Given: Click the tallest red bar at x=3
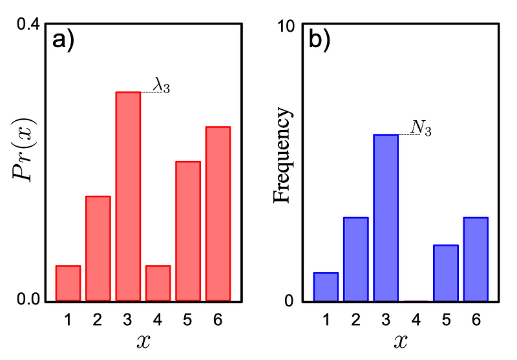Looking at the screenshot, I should coord(128,196).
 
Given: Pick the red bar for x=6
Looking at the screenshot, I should coord(218,214).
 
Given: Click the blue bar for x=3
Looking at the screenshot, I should coord(386,218).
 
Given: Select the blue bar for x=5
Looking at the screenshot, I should coord(445,273).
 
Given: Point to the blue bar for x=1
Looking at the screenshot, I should coord(326,287).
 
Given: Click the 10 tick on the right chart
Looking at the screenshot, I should coord(286,25).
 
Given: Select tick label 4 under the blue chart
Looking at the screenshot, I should coord(416,319).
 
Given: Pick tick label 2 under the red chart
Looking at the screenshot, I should coord(98,319).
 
